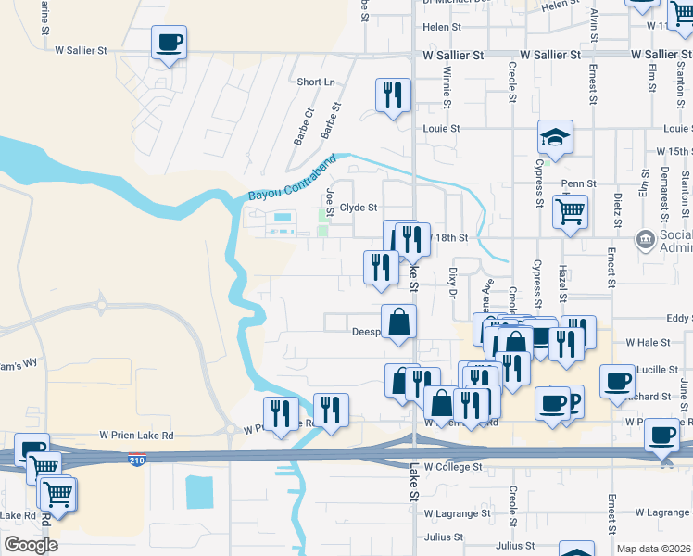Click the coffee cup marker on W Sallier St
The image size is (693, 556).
pos(170,43)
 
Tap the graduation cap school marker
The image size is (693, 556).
pos(555,137)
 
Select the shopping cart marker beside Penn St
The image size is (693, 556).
pos(570,211)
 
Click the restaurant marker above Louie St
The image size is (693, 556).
pos(393,95)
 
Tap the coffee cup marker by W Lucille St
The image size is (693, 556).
pos(616,381)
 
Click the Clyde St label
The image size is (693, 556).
pos(359,208)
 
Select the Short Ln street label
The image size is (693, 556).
pos(316,82)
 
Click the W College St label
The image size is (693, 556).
pos(454,468)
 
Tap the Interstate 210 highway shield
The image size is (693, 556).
pos(137,459)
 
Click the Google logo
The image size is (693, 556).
pos(30,545)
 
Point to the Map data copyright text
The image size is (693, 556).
pos(653,549)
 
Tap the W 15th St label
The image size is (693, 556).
pos(674,150)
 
